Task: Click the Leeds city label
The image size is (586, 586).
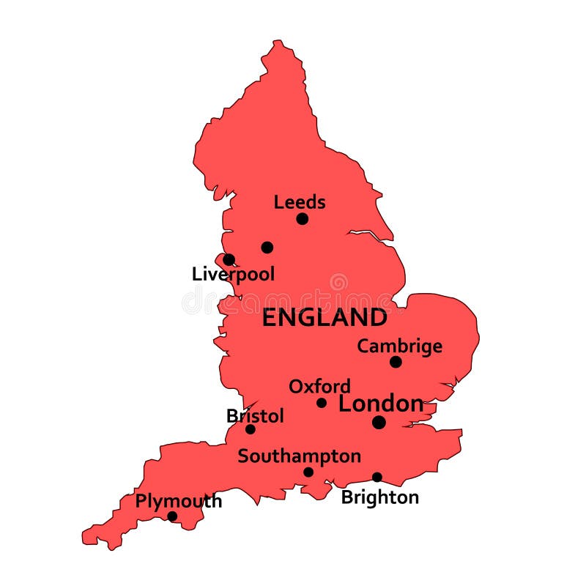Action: click(x=300, y=202)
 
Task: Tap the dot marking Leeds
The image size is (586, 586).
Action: click(x=302, y=219)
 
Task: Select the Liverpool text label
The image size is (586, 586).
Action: click(x=233, y=275)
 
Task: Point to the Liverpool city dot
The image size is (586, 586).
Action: click(x=229, y=259)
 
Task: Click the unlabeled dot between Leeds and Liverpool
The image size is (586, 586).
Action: click(x=267, y=248)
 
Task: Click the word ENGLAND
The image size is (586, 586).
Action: click(x=324, y=318)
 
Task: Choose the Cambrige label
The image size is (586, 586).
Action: click(x=399, y=346)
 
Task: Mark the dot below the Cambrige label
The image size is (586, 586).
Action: click(x=396, y=362)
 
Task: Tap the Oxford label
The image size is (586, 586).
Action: click(x=319, y=386)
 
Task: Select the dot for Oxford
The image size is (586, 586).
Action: click(x=322, y=403)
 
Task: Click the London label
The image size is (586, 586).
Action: click(x=381, y=404)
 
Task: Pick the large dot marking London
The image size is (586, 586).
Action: click(x=379, y=422)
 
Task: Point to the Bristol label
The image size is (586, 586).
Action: click(x=255, y=416)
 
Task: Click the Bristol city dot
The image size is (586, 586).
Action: click(x=251, y=429)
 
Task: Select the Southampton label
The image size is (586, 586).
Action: click(x=300, y=456)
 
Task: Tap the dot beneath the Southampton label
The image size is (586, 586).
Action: click(x=308, y=472)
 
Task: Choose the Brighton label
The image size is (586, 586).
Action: click(x=380, y=497)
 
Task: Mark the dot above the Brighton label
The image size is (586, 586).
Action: click(x=377, y=477)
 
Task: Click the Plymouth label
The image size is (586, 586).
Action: click(x=179, y=502)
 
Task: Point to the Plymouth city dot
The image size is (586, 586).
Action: click(x=172, y=516)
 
